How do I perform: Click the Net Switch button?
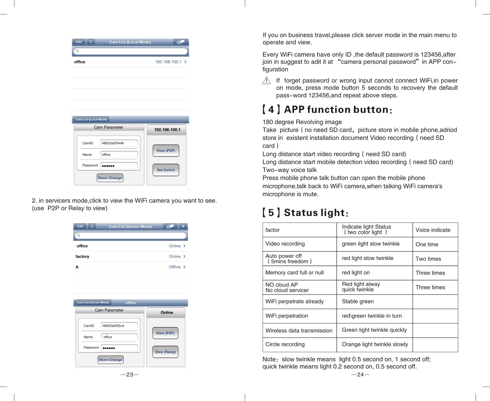(x=166, y=170)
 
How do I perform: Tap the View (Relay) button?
(x=165, y=352)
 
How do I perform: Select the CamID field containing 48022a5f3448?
(x=119, y=143)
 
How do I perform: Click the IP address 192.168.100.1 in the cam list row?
(x=168, y=62)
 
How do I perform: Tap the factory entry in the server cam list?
(x=82, y=256)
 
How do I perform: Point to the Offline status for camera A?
(x=175, y=267)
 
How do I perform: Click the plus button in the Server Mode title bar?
(x=183, y=226)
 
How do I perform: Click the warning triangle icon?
(x=266, y=80)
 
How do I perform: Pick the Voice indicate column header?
(x=433, y=230)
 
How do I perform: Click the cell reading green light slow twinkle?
(x=371, y=244)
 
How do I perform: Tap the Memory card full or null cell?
(x=294, y=273)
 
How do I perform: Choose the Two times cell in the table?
(x=428, y=259)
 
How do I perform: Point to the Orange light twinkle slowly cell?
(x=375, y=344)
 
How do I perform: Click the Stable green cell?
(x=358, y=301)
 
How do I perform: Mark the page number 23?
(x=130, y=375)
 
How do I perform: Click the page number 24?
(x=360, y=375)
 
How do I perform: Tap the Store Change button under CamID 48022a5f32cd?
(x=110, y=360)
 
